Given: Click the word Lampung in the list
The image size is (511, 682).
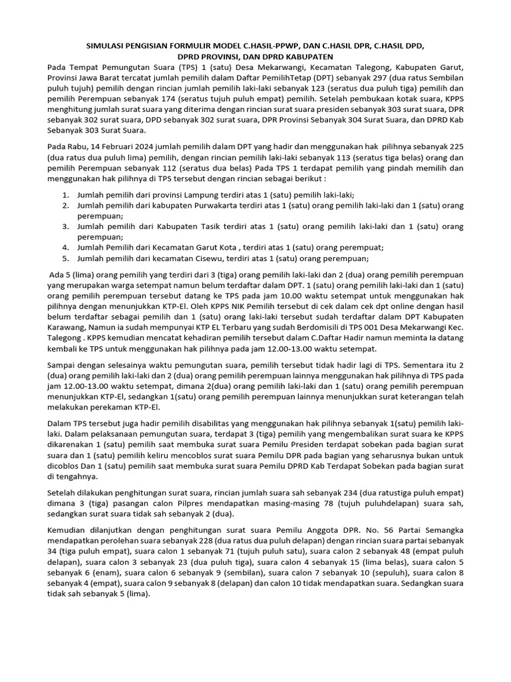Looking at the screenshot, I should pyautogui.click(x=196, y=194).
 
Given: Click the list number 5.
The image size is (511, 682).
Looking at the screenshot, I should pyautogui.click(x=66, y=258).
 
